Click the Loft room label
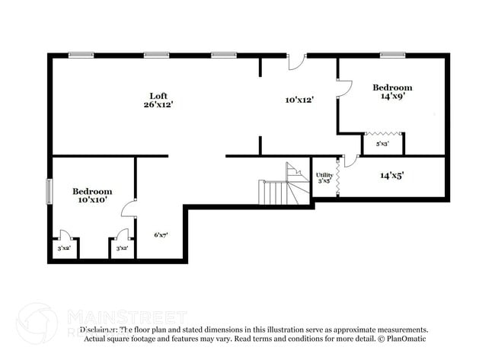tap(158, 95)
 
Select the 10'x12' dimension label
tap(299, 100)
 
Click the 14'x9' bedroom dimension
tap(392, 97)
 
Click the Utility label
tap(324, 175)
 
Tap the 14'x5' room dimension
tap(391, 175)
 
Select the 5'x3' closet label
tap(382, 143)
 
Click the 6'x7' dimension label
tap(161, 235)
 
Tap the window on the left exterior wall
tap(49, 191)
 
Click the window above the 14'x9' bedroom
tap(392, 55)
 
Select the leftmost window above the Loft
tap(81, 55)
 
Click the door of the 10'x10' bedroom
tap(129, 209)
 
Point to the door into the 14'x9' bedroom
tap(344, 88)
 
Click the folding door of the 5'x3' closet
tap(382, 134)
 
